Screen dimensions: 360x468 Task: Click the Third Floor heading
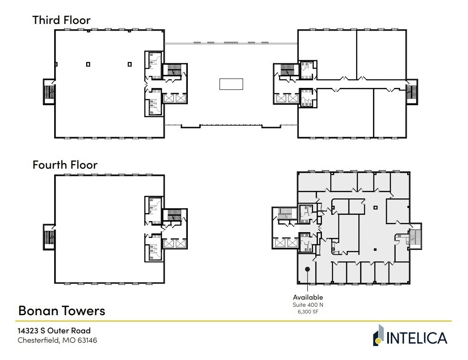coord(61,20)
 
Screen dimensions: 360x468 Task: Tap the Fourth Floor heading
coord(65,165)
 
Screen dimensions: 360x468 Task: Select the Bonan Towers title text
coord(61,310)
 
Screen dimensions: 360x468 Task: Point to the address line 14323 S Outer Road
coord(54,331)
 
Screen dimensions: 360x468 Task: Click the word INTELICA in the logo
coord(416,338)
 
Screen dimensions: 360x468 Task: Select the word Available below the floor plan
coord(308,297)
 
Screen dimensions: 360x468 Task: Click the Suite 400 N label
coord(308,305)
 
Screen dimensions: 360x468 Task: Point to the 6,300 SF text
coord(308,312)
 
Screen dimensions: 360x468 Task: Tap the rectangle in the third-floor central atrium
coord(231,84)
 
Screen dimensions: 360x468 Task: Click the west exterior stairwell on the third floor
coord(49,92)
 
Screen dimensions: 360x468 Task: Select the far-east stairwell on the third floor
coord(412,92)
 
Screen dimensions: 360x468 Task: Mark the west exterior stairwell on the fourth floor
coord(49,237)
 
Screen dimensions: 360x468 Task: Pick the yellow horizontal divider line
coord(234,321)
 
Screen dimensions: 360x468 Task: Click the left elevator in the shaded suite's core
coord(280,243)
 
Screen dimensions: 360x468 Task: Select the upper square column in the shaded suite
coord(375,207)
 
